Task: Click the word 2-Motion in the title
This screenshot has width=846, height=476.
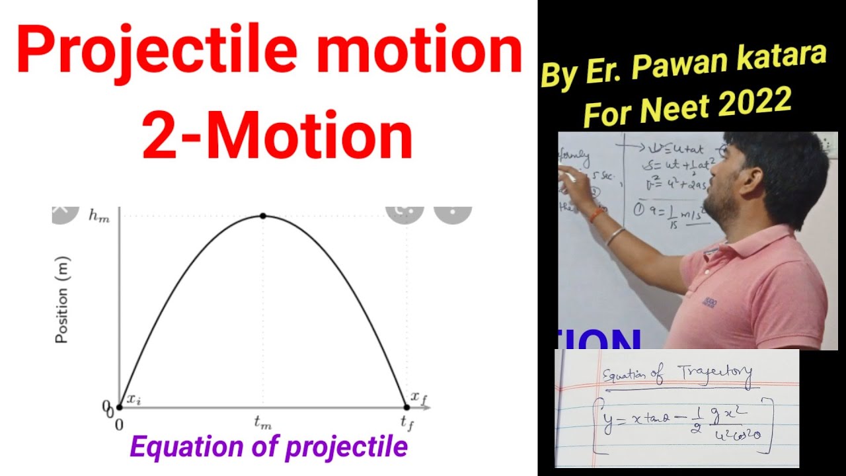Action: pyautogui.click(x=278, y=136)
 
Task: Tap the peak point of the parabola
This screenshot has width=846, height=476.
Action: pyautogui.click(x=263, y=216)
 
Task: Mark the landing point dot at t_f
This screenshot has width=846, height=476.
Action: pyautogui.click(x=406, y=407)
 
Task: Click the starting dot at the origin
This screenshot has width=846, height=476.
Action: pyautogui.click(x=119, y=407)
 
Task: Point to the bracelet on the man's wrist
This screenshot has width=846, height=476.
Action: pyautogui.click(x=615, y=235)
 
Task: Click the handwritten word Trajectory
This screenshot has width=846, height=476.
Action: pyautogui.click(x=714, y=376)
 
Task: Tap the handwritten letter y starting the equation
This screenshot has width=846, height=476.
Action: pyautogui.click(x=607, y=422)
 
